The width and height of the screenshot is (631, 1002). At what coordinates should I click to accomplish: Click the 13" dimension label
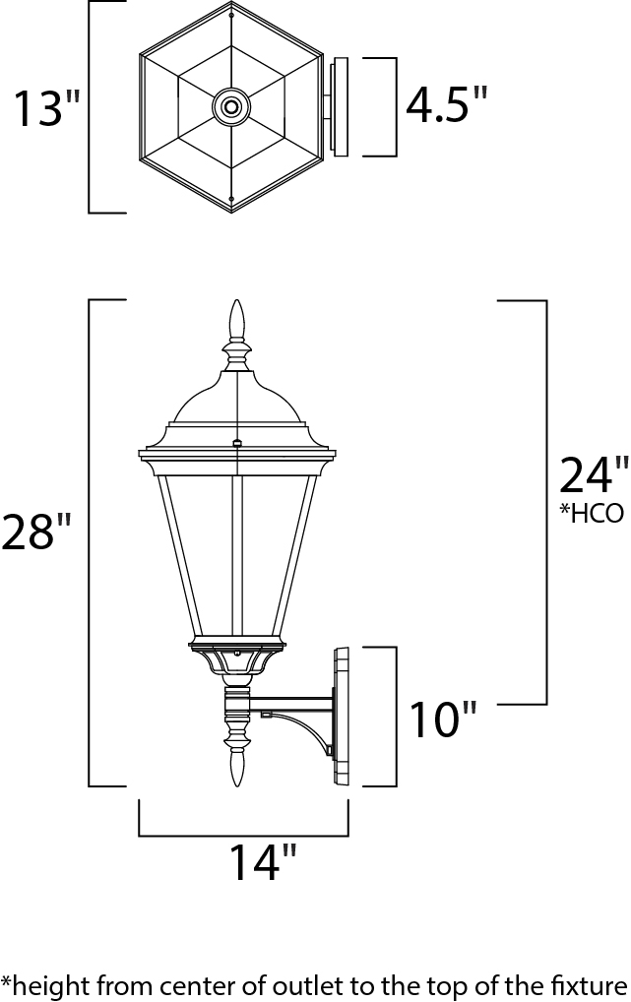pyautogui.click(x=44, y=108)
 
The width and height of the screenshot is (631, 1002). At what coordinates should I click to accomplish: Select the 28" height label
pyautogui.click(x=36, y=532)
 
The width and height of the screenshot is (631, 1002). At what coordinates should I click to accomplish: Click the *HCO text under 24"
pyautogui.click(x=593, y=514)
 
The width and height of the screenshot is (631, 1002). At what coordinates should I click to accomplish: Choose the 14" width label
pyautogui.click(x=261, y=862)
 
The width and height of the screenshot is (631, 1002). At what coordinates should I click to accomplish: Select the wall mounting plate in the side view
pyautogui.click(x=343, y=716)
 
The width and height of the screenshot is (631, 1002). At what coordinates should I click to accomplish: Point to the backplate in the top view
pyautogui.click(x=339, y=106)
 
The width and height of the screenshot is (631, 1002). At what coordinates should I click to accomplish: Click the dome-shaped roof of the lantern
pyautogui.click(x=235, y=399)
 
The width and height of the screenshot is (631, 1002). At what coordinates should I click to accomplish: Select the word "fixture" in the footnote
pyautogui.click(x=592, y=983)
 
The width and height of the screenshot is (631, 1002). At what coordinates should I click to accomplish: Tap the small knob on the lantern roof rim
pyautogui.click(x=236, y=444)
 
